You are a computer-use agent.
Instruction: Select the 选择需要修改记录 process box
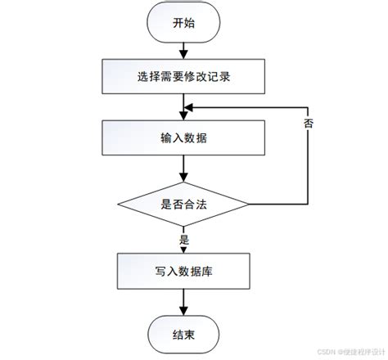pos(184,79)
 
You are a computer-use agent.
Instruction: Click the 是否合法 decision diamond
pos(184,205)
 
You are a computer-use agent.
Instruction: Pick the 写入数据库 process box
pos(184,270)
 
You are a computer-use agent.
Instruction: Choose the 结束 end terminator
pos(184,334)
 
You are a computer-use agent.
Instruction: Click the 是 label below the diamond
pos(184,241)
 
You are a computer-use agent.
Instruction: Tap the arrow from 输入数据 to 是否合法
pos(184,169)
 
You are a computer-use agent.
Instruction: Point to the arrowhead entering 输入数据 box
pos(184,117)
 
